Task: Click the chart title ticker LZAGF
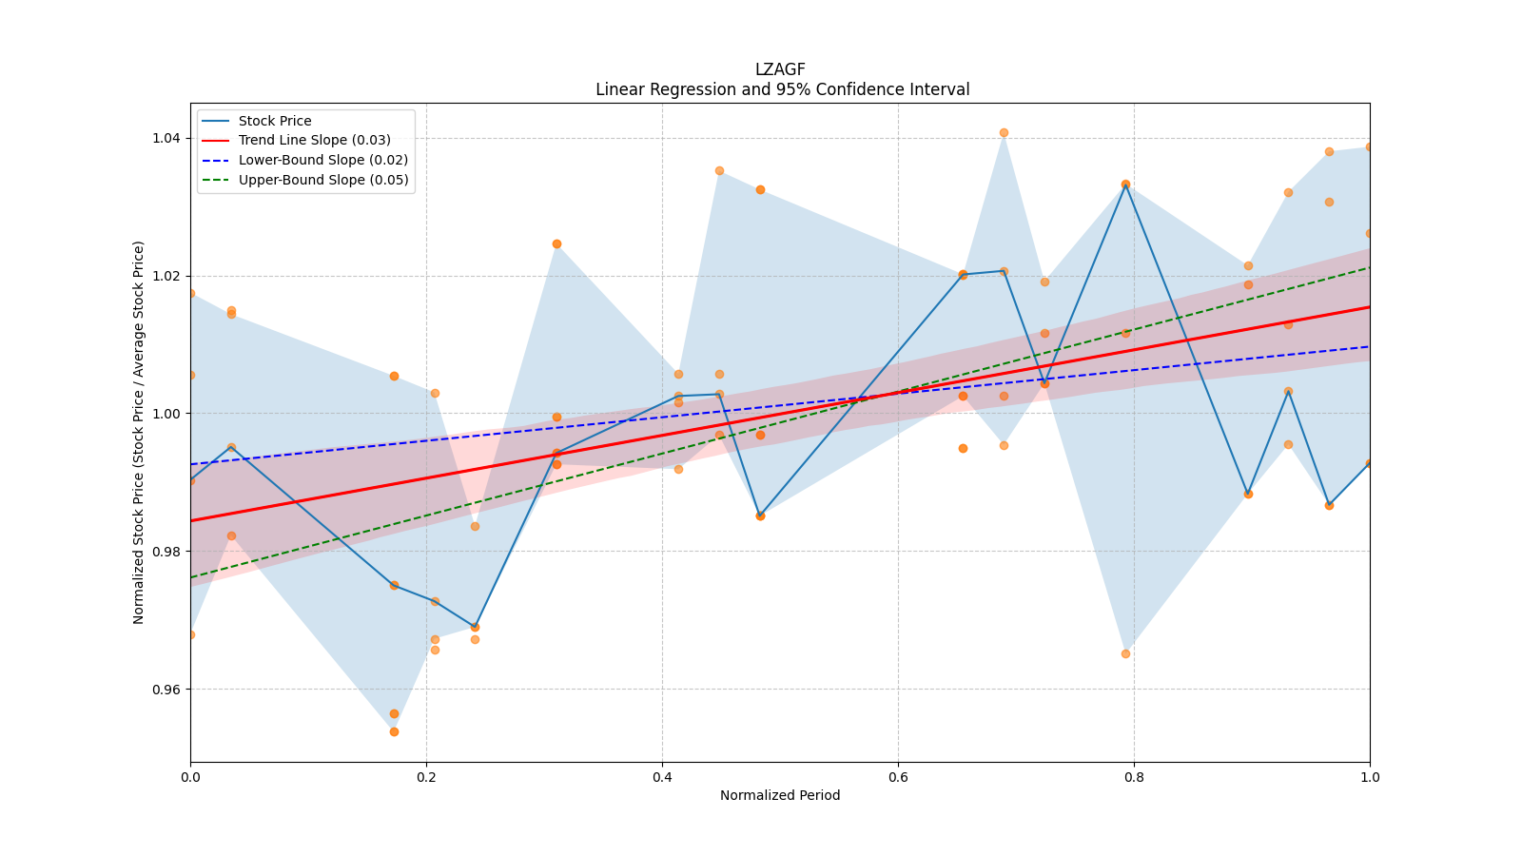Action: pyautogui.click(x=780, y=69)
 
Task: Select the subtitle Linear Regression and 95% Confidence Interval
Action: pyautogui.click(x=782, y=89)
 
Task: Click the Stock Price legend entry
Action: pyautogui.click(x=274, y=121)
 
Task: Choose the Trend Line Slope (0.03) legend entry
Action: pyautogui.click(x=314, y=141)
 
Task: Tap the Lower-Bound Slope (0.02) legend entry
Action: pyautogui.click(x=322, y=161)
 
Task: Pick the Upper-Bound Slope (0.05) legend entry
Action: pyautogui.click(x=322, y=181)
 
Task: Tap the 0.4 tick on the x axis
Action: pyautogui.click(x=662, y=777)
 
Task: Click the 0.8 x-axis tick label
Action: pyautogui.click(x=1134, y=777)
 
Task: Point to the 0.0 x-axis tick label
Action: pyautogui.click(x=190, y=777)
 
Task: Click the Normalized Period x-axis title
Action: pyautogui.click(x=780, y=795)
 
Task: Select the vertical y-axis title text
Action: pyautogui.click(x=139, y=432)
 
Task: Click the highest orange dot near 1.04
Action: pyautogui.click(x=1004, y=133)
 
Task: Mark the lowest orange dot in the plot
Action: pyautogui.click(x=394, y=731)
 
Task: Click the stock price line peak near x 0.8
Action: pyautogui.click(x=1125, y=185)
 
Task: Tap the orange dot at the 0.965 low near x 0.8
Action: pyautogui.click(x=1125, y=653)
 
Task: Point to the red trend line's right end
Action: pyautogui.click(x=1369, y=306)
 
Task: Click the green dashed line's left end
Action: pyautogui.click(x=191, y=577)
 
